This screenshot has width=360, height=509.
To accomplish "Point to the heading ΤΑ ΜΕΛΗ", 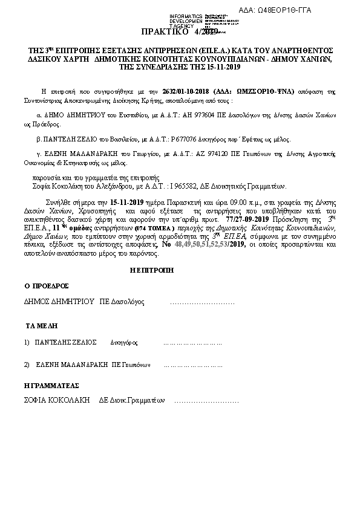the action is pyautogui.click(x=41, y=325).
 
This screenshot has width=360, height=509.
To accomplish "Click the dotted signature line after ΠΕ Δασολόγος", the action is pyautogui.click(x=202, y=301).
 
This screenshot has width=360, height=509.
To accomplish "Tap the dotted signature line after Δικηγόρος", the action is pyautogui.click(x=184, y=342).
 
